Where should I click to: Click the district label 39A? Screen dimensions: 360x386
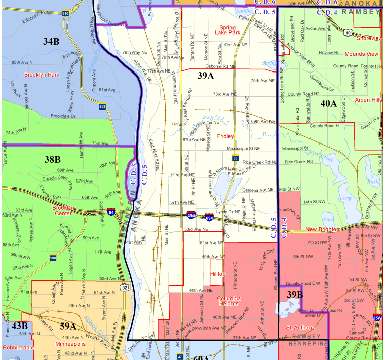pos(205,76)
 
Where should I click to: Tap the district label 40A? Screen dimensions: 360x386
pos(329,104)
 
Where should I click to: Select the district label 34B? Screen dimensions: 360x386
pos(51,41)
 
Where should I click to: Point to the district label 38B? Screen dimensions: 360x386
pos(52,160)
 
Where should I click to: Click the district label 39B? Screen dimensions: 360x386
pos(295,294)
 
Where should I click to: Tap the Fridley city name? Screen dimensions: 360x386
pos(225,136)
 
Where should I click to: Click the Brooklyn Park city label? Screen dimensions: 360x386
pos(42,75)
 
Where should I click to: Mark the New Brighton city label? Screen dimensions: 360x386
pos(322,230)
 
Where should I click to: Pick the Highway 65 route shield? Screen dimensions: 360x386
pos(236,159)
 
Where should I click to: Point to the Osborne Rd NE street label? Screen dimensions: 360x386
pos(221,66)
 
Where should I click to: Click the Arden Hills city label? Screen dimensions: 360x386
pos(368,100)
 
